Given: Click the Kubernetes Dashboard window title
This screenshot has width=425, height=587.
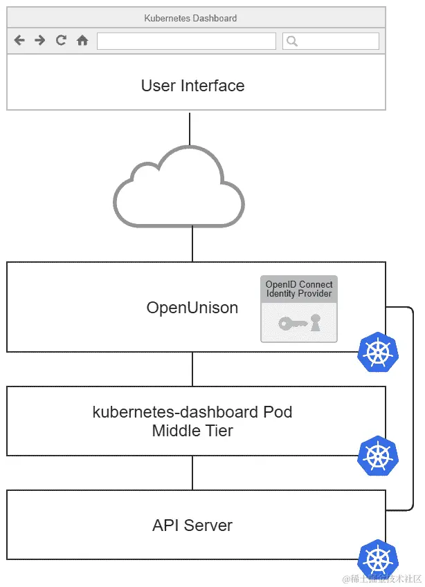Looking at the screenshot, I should click(190, 18).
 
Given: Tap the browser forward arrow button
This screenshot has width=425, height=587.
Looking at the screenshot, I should click(40, 41).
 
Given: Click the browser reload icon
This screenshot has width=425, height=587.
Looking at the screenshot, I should click(61, 41).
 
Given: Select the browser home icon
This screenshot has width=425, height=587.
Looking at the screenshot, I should click(82, 41).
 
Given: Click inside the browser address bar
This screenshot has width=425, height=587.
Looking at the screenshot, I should click(186, 41).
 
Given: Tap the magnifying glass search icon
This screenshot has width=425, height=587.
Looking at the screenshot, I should click(292, 41).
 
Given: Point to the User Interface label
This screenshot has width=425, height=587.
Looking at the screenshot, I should click(192, 86).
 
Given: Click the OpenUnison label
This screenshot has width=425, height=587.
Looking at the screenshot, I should click(192, 308).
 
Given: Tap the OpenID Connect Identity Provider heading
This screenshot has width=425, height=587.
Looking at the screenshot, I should click(299, 289).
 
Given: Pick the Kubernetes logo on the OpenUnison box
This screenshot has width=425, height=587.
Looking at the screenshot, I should click(378, 353).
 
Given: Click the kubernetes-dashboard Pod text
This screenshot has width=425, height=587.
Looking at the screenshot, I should click(192, 412).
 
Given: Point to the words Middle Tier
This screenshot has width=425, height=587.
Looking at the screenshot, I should click(192, 431).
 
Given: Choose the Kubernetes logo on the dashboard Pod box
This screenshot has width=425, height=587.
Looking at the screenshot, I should click(378, 456).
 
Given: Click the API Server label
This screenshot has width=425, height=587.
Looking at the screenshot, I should click(192, 525).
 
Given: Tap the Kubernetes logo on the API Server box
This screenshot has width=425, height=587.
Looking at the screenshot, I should click(378, 559).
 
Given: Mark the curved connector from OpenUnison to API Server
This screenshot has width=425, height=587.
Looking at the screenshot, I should click(413, 408).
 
